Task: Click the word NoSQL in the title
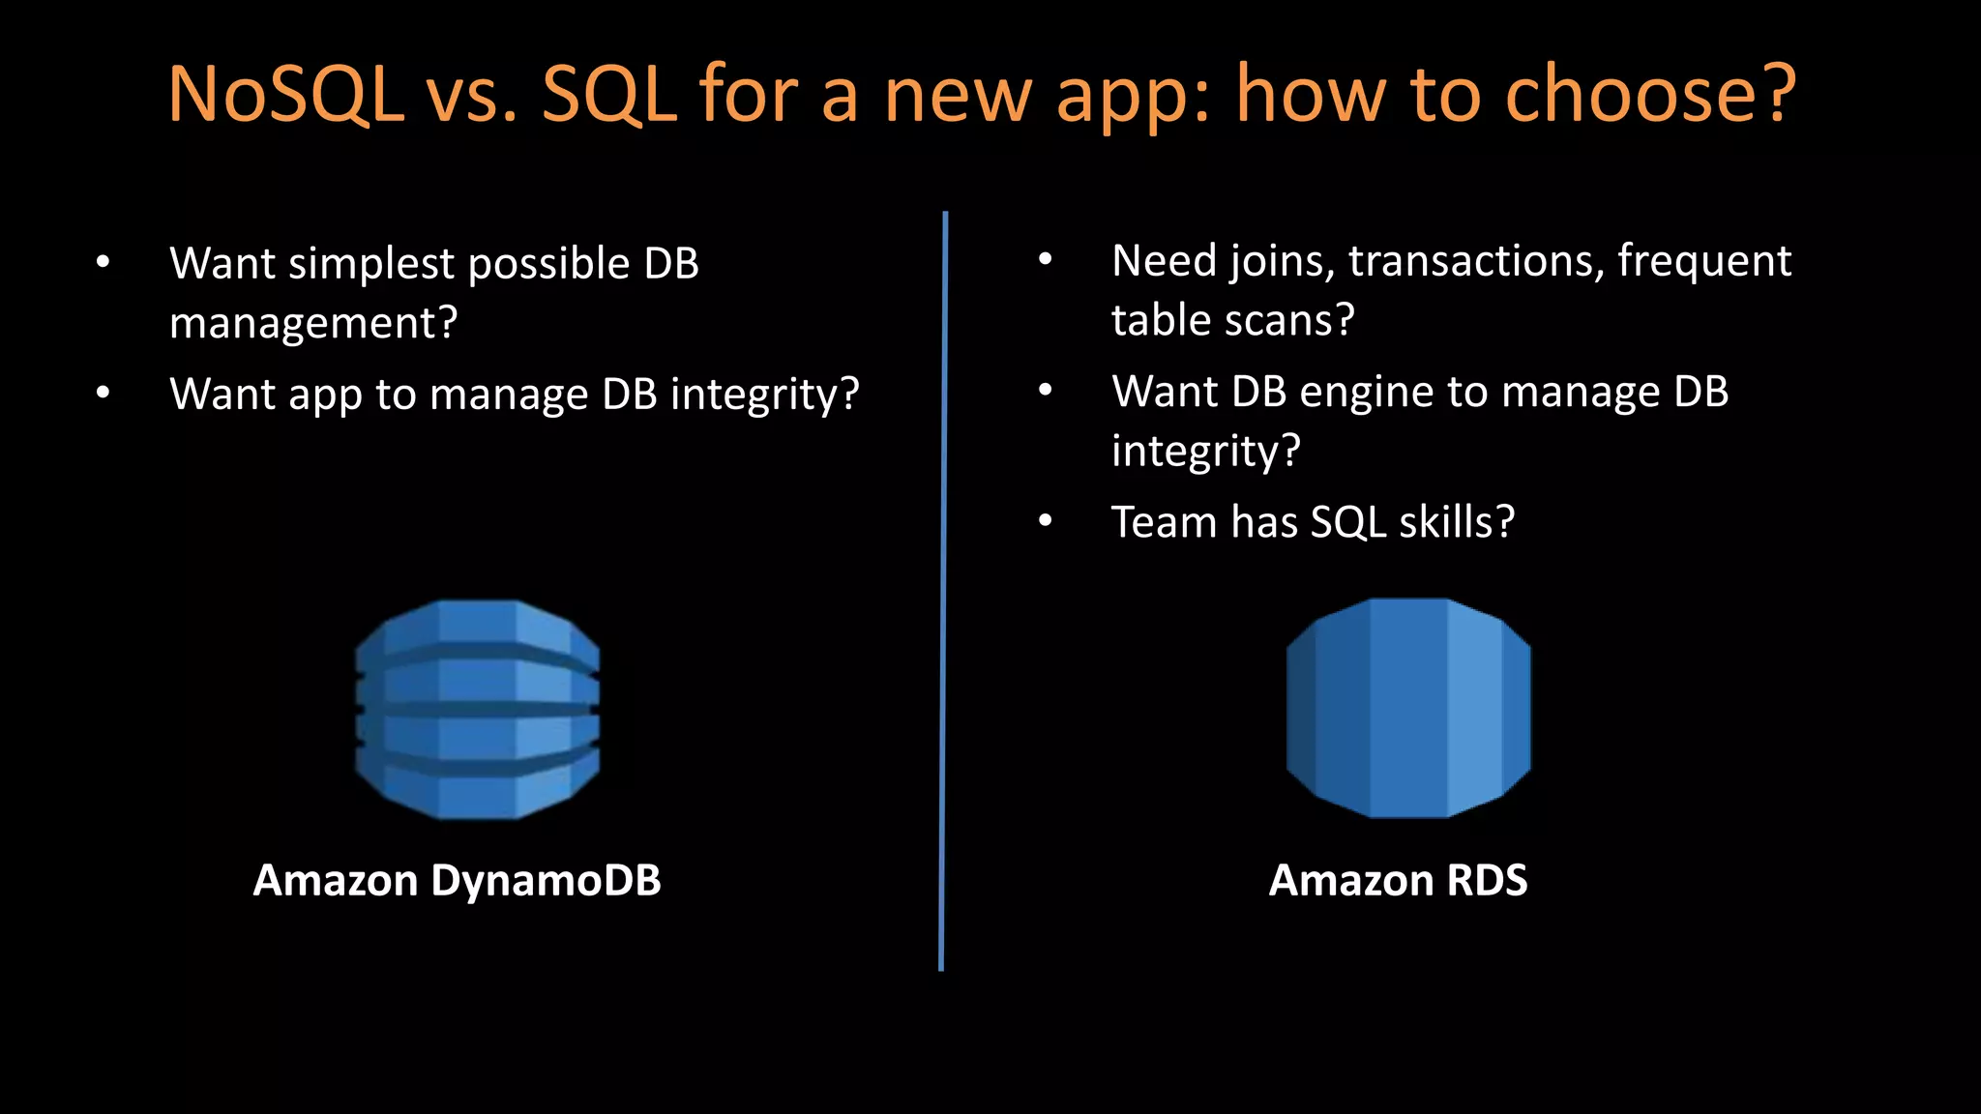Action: pos(285,94)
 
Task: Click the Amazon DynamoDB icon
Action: pos(477,709)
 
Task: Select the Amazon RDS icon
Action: pos(1408,708)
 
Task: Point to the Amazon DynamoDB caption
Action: pos(457,880)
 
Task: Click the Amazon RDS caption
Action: pos(1398,880)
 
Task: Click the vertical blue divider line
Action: pos(943,590)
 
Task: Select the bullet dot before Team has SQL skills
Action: pos(1045,521)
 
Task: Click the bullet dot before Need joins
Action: pos(1045,259)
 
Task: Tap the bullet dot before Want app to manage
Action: pos(103,393)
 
